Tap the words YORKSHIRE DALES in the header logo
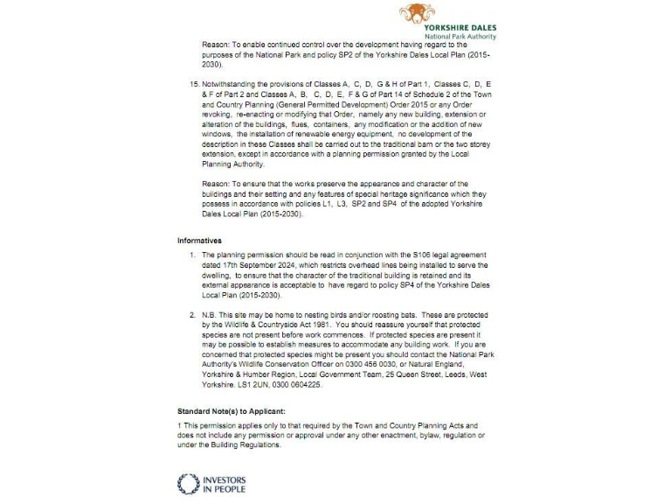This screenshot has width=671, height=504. coord(460,28)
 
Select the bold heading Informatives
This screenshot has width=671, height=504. coord(200,241)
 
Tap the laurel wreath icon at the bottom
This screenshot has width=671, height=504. coord(188,484)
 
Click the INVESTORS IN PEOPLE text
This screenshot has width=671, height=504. coord(224,484)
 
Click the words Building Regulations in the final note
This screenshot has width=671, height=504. coord(250,444)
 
